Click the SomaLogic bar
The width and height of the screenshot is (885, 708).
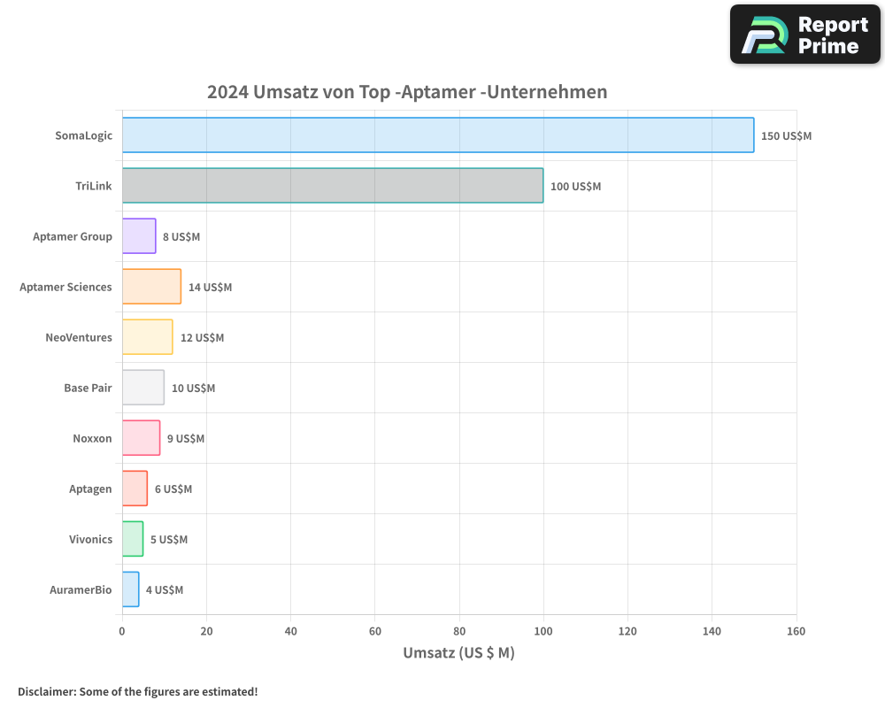[x=438, y=135]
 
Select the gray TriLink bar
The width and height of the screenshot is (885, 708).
[x=333, y=186]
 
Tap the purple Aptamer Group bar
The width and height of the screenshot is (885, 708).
[x=139, y=236]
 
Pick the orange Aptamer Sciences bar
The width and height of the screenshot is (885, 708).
[x=151, y=287]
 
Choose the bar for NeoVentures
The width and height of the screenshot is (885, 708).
[x=147, y=337]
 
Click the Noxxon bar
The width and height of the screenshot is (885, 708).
[x=141, y=438]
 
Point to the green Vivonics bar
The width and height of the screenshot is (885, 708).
[x=133, y=539]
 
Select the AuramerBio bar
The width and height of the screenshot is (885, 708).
[x=130, y=589]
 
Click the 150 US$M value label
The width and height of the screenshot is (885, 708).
[x=786, y=136]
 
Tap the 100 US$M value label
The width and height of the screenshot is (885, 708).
[x=575, y=187]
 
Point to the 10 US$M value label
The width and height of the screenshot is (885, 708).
[x=193, y=389]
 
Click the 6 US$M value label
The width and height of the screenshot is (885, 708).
[x=173, y=489]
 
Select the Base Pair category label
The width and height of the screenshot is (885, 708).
[x=88, y=389]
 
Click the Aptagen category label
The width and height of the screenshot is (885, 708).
[x=90, y=489]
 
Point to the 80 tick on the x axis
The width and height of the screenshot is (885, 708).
[x=458, y=631]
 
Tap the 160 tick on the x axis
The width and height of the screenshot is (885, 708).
[x=796, y=631]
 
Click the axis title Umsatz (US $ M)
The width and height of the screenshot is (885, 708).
[x=458, y=653]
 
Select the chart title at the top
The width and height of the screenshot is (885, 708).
[x=407, y=92]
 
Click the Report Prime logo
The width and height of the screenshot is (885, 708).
[x=804, y=35]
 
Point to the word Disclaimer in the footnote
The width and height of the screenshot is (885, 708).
[x=46, y=691]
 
